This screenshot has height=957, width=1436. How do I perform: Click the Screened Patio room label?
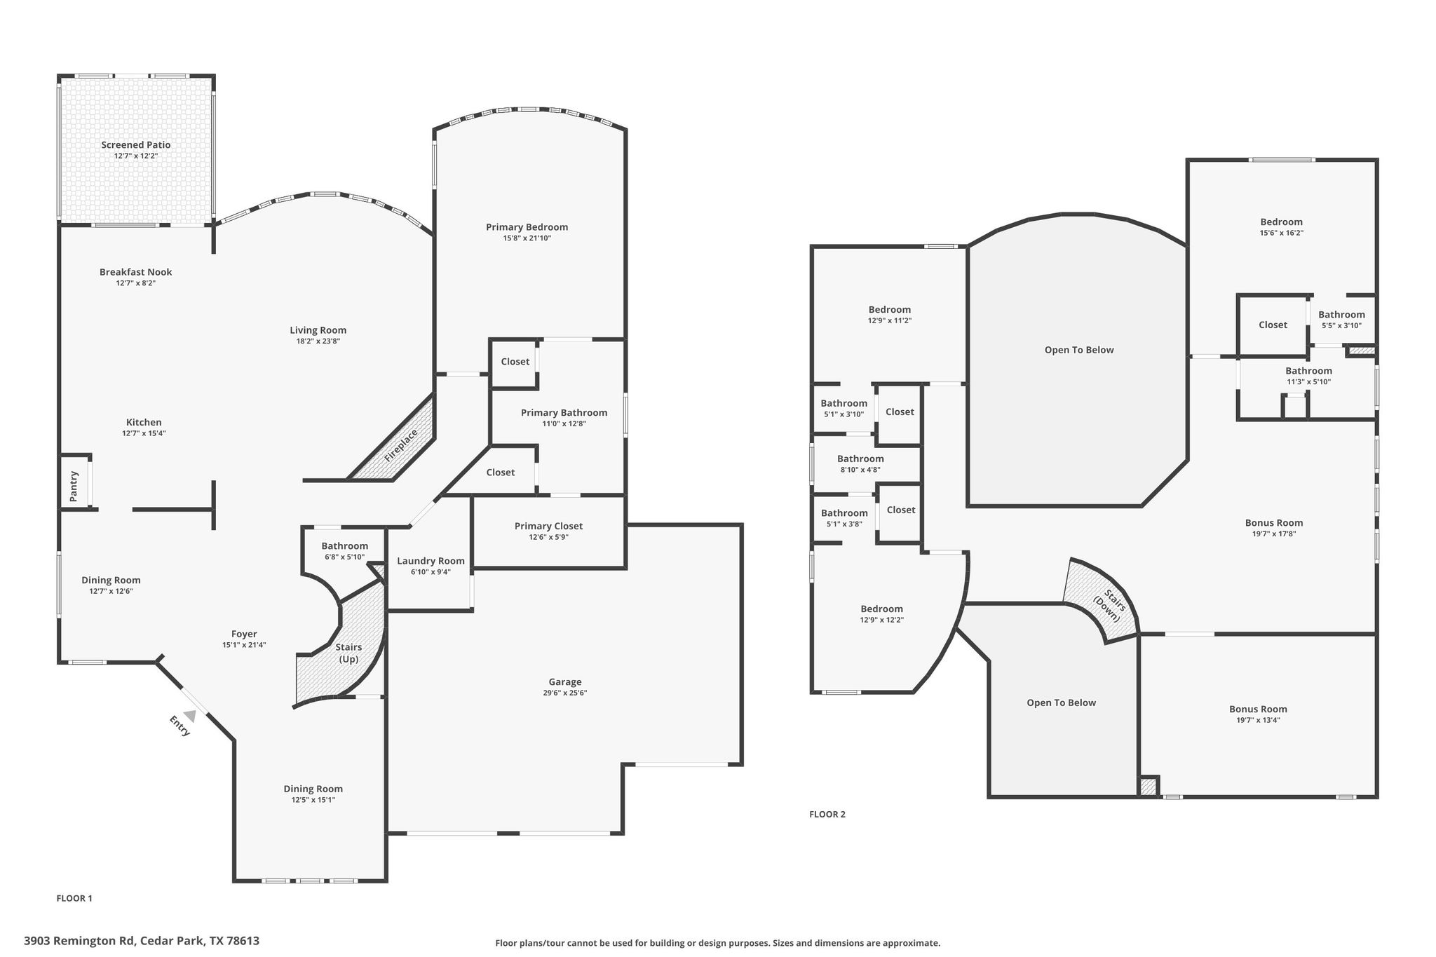tap(135, 145)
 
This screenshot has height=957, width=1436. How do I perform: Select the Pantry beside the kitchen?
tap(74, 486)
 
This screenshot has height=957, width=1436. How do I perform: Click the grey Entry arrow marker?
tap(189, 715)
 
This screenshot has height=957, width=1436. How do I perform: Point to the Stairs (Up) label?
tap(348, 653)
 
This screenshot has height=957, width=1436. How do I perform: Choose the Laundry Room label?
tap(431, 561)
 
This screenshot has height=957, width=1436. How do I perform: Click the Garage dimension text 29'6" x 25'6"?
tap(564, 693)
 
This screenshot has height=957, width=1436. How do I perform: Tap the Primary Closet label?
tap(548, 527)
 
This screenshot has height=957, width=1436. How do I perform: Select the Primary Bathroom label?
tap(564, 413)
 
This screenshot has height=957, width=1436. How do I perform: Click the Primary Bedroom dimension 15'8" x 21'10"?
tap(527, 238)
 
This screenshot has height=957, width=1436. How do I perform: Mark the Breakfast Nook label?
tap(135, 272)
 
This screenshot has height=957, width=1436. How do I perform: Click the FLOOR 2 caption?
tap(827, 814)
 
